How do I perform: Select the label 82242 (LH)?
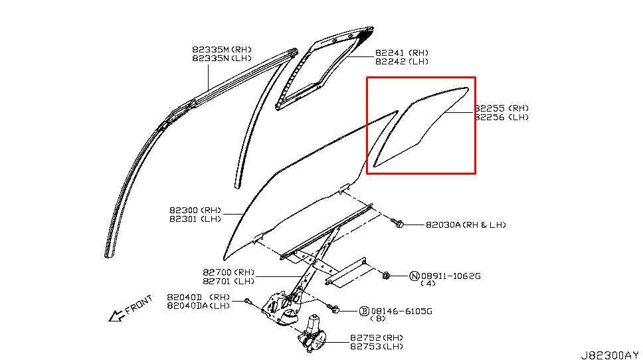402,61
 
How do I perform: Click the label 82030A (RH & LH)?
466,225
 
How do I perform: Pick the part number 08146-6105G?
401,310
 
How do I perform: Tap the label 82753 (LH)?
377,346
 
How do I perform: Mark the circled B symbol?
364,310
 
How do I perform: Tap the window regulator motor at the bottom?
311,335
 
